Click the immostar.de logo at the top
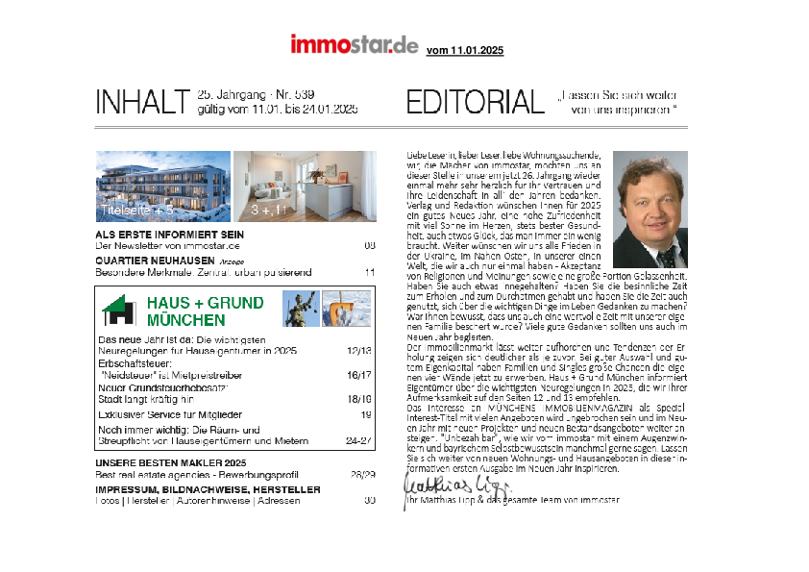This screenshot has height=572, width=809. [x=355, y=45]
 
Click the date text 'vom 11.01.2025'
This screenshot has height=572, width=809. [x=464, y=50]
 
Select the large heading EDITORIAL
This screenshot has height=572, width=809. [x=475, y=102]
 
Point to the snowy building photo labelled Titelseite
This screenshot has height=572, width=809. [x=163, y=186]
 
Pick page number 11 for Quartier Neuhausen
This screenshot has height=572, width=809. [x=369, y=272]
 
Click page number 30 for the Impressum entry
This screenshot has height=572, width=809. [x=369, y=500]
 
